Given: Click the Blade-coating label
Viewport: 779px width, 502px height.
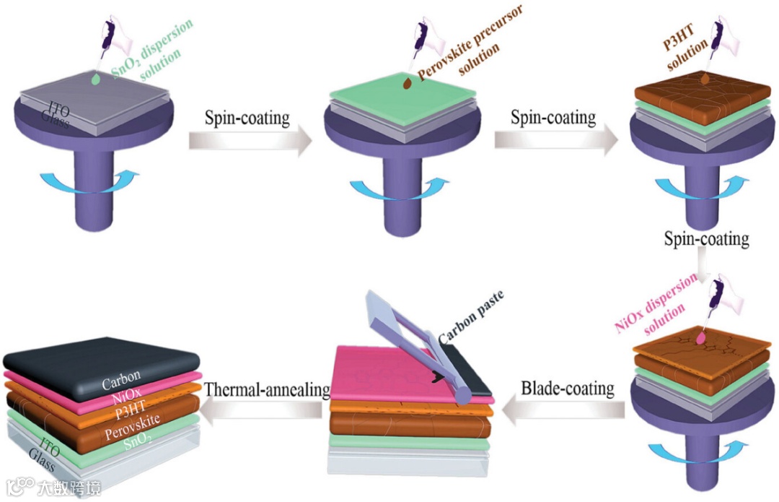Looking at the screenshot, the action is pyautogui.click(x=567, y=389).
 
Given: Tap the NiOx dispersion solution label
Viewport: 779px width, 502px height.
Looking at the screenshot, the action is pyautogui.click(x=655, y=307).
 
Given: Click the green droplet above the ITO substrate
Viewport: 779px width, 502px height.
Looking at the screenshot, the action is pyautogui.click(x=97, y=79).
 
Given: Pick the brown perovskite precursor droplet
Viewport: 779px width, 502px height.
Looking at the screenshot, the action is pyautogui.click(x=408, y=84).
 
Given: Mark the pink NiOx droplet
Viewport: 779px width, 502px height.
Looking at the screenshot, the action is pyautogui.click(x=700, y=336).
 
